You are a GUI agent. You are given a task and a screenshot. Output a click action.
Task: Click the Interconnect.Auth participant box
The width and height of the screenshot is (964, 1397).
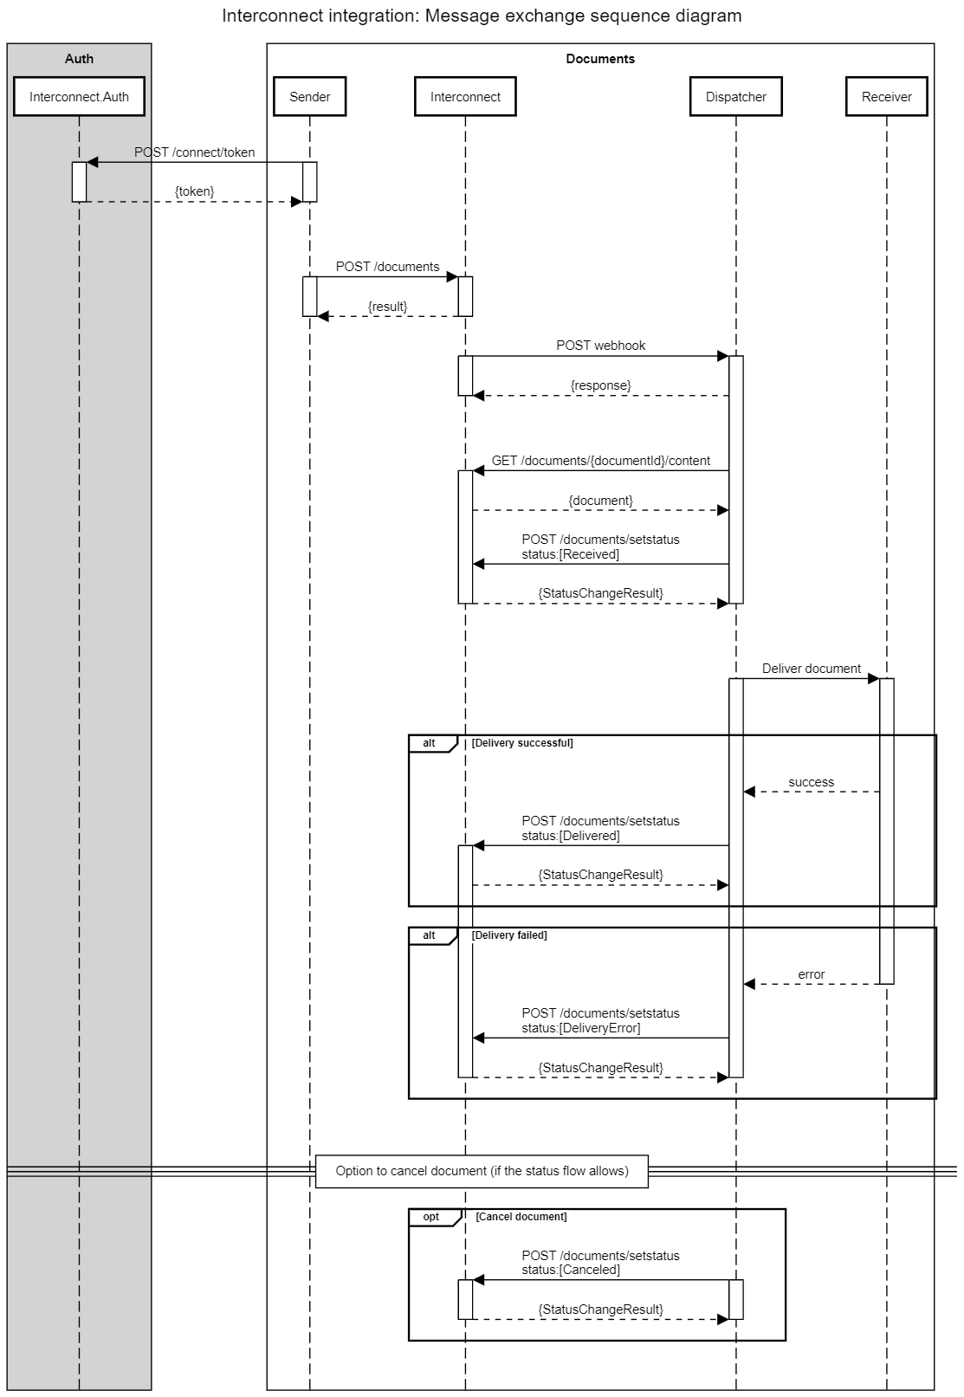click(x=79, y=97)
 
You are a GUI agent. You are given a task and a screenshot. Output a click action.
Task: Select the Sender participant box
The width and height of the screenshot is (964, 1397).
click(x=309, y=97)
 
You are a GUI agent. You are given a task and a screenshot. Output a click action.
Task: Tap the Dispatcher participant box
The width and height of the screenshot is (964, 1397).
click(x=735, y=97)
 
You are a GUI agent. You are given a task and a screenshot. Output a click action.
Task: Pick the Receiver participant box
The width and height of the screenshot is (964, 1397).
click(x=886, y=97)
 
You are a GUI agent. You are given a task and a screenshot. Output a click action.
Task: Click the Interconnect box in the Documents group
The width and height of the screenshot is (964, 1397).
click(x=465, y=97)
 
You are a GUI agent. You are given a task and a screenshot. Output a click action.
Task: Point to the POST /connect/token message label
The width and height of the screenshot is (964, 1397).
click(x=194, y=152)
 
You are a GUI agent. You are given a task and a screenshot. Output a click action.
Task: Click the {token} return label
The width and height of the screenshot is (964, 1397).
click(x=194, y=191)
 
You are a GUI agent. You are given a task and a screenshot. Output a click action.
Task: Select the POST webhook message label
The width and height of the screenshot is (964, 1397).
click(x=600, y=346)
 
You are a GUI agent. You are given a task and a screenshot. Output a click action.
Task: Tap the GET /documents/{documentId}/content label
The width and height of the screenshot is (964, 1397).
click(x=600, y=461)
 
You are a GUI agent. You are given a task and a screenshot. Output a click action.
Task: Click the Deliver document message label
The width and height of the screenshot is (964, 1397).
click(x=811, y=669)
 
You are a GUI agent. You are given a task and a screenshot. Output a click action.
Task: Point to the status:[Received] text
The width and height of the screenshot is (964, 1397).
click(x=570, y=554)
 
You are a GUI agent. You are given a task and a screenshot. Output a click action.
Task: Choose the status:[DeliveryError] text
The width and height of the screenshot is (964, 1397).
click(x=580, y=1028)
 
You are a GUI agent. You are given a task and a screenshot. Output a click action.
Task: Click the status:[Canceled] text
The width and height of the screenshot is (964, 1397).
click(x=571, y=1270)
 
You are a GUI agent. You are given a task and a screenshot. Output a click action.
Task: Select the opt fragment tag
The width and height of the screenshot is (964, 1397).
click(x=431, y=1217)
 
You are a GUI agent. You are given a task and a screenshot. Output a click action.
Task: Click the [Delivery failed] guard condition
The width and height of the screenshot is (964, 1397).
click(x=509, y=935)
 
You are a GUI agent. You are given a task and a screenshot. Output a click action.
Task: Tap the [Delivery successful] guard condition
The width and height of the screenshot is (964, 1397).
click(x=522, y=743)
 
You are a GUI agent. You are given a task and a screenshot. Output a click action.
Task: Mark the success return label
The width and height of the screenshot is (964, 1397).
click(x=811, y=782)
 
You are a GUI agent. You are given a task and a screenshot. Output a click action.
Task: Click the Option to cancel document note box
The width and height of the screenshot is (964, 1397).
click(x=482, y=1171)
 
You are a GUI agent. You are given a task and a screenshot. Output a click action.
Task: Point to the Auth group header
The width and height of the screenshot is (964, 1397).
click(x=79, y=59)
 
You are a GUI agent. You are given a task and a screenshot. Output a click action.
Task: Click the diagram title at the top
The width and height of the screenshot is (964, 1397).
click(x=482, y=16)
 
